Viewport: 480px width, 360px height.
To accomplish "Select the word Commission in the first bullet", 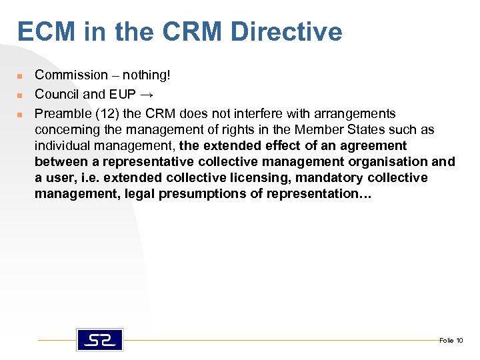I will coord(71,75).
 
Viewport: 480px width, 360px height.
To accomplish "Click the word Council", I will coord(56,95).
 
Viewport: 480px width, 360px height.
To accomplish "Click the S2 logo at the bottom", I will coord(99,340).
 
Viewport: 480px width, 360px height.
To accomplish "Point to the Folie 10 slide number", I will coord(451,341).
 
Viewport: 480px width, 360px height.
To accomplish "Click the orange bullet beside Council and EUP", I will coord(20,95).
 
